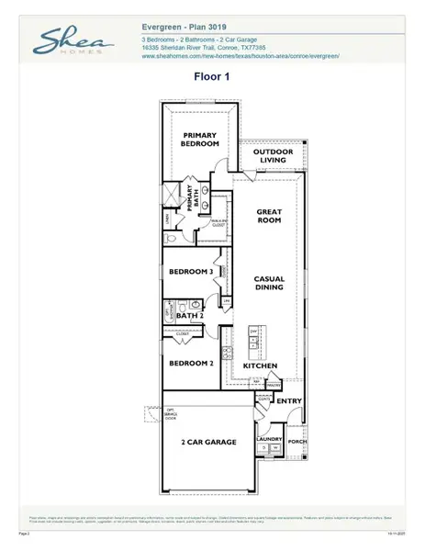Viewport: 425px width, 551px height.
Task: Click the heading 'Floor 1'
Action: pos(212,79)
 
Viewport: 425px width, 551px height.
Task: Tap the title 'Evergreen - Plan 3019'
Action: pos(193,28)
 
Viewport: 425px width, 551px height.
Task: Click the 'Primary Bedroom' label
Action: pos(199,139)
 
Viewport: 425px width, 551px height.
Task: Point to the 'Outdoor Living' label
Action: pos(273,155)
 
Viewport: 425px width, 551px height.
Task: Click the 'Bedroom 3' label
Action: pos(191,272)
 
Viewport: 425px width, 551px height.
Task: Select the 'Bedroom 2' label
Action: pos(191,364)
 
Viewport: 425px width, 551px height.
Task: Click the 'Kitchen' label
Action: pos(261,365)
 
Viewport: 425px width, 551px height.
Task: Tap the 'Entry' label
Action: pos(289,401)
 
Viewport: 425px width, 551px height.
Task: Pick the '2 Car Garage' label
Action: pos(208,442)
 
